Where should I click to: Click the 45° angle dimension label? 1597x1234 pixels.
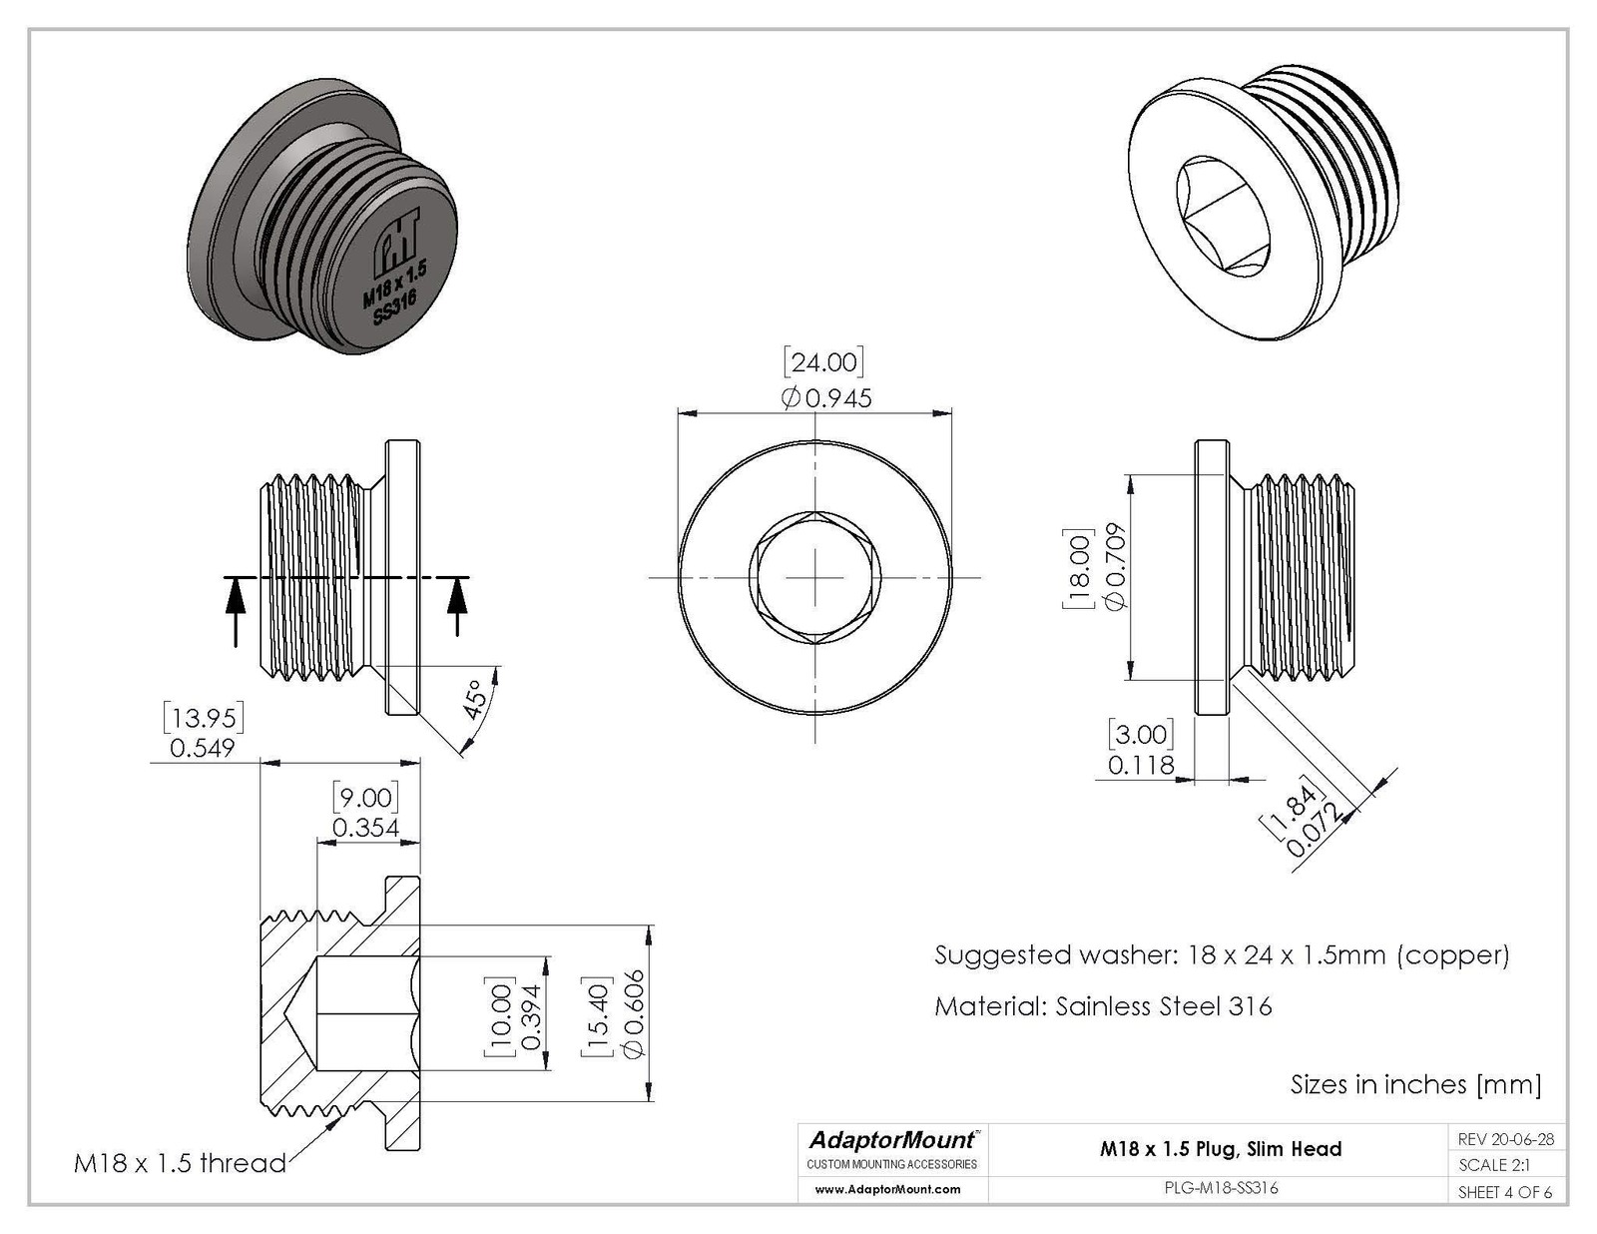pos(477,699)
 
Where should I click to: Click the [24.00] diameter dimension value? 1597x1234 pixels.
pos(823,362)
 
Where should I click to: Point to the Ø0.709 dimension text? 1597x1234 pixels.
pos(1115,566)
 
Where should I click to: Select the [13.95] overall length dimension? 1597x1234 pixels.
pos(204,717)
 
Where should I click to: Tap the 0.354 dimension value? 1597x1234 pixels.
pos(365,828)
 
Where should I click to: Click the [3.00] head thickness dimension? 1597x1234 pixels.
pos(1141,734)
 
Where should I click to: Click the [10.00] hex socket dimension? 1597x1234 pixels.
pos(498,1018)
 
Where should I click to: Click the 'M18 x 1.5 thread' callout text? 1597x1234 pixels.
pos(180,1163)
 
